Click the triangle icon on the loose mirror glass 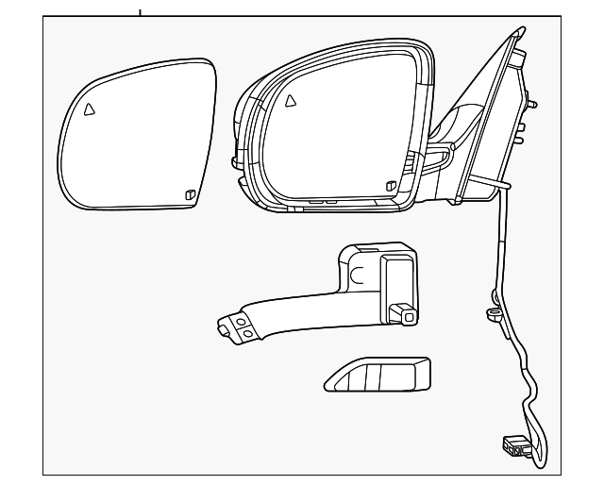point(89,109)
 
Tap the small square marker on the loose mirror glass point(190,195)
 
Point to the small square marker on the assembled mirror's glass point(390,186)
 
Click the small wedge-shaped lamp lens point(377,375)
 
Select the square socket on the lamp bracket point(406,313)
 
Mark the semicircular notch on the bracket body point(356,276)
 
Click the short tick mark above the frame point(140,11)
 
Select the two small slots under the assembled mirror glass point(321,201)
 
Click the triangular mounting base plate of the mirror point(495,123)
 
